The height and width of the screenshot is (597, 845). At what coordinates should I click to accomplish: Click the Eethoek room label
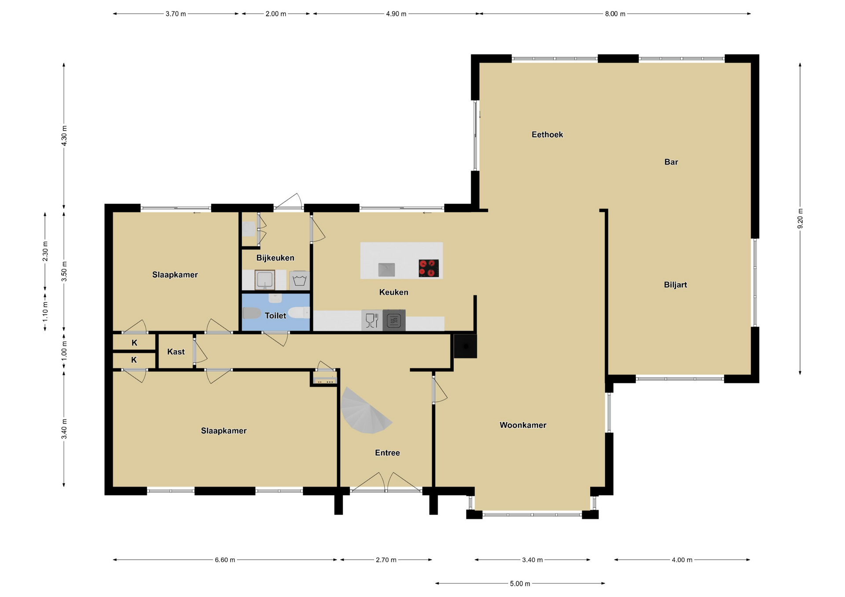547,135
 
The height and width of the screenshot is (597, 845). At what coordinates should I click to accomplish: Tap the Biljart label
676,285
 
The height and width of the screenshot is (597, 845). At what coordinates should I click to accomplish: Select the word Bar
671,162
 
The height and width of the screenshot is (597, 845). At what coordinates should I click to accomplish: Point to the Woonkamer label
523,425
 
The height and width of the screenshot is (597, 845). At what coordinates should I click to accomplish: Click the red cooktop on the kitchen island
429,268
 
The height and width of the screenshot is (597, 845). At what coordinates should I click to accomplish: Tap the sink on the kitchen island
386,269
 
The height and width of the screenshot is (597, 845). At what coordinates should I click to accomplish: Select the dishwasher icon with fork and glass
372,320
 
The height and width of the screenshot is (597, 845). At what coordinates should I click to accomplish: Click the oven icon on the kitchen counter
394,320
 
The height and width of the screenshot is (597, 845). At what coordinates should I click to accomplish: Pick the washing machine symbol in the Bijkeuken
300,280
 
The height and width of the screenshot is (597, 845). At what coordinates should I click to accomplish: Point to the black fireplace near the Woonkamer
465,346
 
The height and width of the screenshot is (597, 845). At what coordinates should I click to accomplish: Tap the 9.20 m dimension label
800,218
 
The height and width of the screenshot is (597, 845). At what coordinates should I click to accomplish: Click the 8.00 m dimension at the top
615,14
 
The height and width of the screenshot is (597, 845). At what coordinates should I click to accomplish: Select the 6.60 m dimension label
225,560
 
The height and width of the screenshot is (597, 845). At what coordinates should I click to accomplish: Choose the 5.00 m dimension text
520,584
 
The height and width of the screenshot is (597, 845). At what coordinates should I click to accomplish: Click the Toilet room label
276,316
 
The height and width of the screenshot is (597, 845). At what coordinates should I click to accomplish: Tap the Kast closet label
176,352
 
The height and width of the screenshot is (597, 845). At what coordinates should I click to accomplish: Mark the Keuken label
394,292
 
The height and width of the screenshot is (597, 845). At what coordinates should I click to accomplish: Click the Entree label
387,453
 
